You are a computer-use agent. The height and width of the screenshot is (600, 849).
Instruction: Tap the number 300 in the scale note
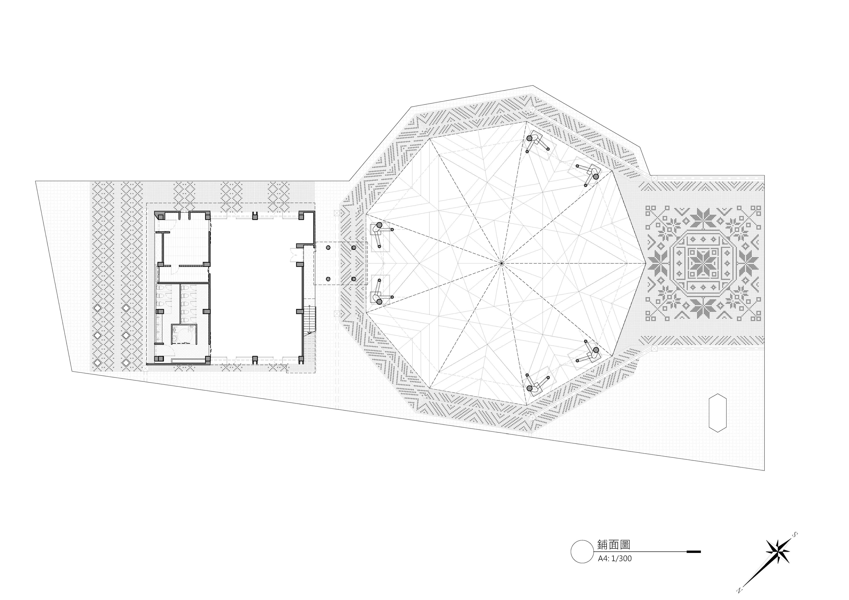(x=625, y=559)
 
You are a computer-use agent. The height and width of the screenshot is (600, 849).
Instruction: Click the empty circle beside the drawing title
(x=582, y=552)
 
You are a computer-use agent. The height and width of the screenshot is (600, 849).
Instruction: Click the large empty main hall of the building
(x=255, y=288)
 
